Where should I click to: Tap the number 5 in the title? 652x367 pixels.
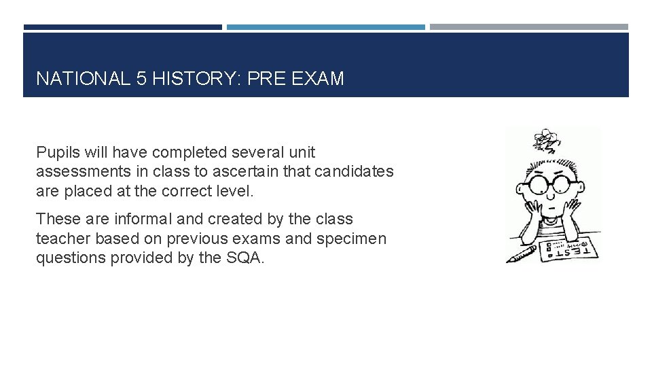coord(141,79)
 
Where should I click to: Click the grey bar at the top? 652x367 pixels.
coord(529,27)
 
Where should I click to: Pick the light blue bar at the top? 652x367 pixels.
coord(326,27)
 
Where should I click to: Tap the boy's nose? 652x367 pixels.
coord(552,194)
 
